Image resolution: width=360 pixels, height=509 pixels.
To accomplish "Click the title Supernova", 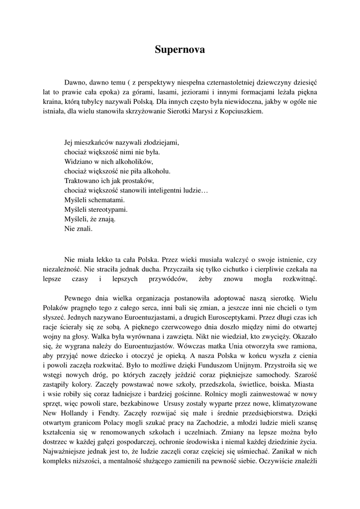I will pyautogui.click(x=180, y=50).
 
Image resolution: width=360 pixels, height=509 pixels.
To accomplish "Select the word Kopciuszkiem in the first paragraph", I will pyautogui.click(x=240, y=112).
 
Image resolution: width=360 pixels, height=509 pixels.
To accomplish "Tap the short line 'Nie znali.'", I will pyautogui.click(x=79, y=229).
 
